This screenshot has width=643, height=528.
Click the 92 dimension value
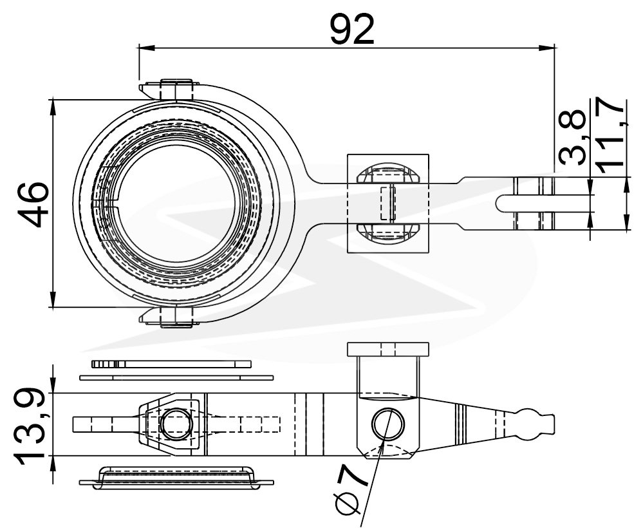[352, 29]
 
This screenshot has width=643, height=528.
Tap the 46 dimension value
[34, 204]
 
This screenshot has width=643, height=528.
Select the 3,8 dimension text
[572, 137]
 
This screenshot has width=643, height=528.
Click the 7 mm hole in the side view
[387, 424]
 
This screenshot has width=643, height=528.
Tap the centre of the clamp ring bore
[177, 203]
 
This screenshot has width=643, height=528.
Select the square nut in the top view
[388, 203]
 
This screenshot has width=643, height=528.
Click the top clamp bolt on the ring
[176, 90]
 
